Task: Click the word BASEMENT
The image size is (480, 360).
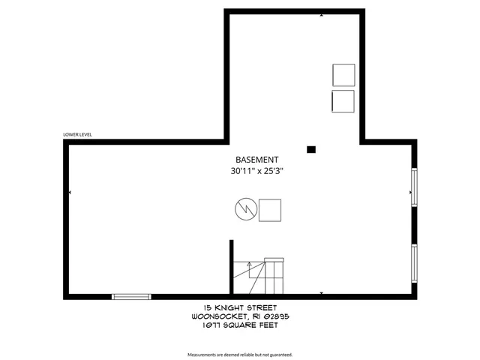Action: coord(257,160)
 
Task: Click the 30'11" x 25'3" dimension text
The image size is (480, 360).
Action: coord(257,171)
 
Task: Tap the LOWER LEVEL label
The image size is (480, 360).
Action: coord(77,136)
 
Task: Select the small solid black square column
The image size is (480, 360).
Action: coord(311,149)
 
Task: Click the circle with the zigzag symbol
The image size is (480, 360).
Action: coord(244,210)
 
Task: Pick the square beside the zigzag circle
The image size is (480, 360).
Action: coord(270,210)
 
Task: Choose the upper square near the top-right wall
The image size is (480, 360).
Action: coord(343,76)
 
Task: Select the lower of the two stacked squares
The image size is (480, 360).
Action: coord(343,102)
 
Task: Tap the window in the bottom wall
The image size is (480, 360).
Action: coord(131,297)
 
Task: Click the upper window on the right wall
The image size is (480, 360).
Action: coord(413,186)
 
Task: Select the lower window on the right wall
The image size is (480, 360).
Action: coord(413,263)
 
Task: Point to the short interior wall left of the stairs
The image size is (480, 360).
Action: coord(231,266)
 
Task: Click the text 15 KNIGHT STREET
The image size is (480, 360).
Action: coord(240,307)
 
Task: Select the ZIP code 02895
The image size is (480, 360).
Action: coord(276,316)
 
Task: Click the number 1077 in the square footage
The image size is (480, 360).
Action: coord(204,325)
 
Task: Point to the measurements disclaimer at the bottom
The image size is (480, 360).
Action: coord(240,353)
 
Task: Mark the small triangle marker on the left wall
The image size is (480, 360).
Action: coord(70,193)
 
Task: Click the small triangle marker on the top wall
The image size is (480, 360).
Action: coord(322,14)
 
